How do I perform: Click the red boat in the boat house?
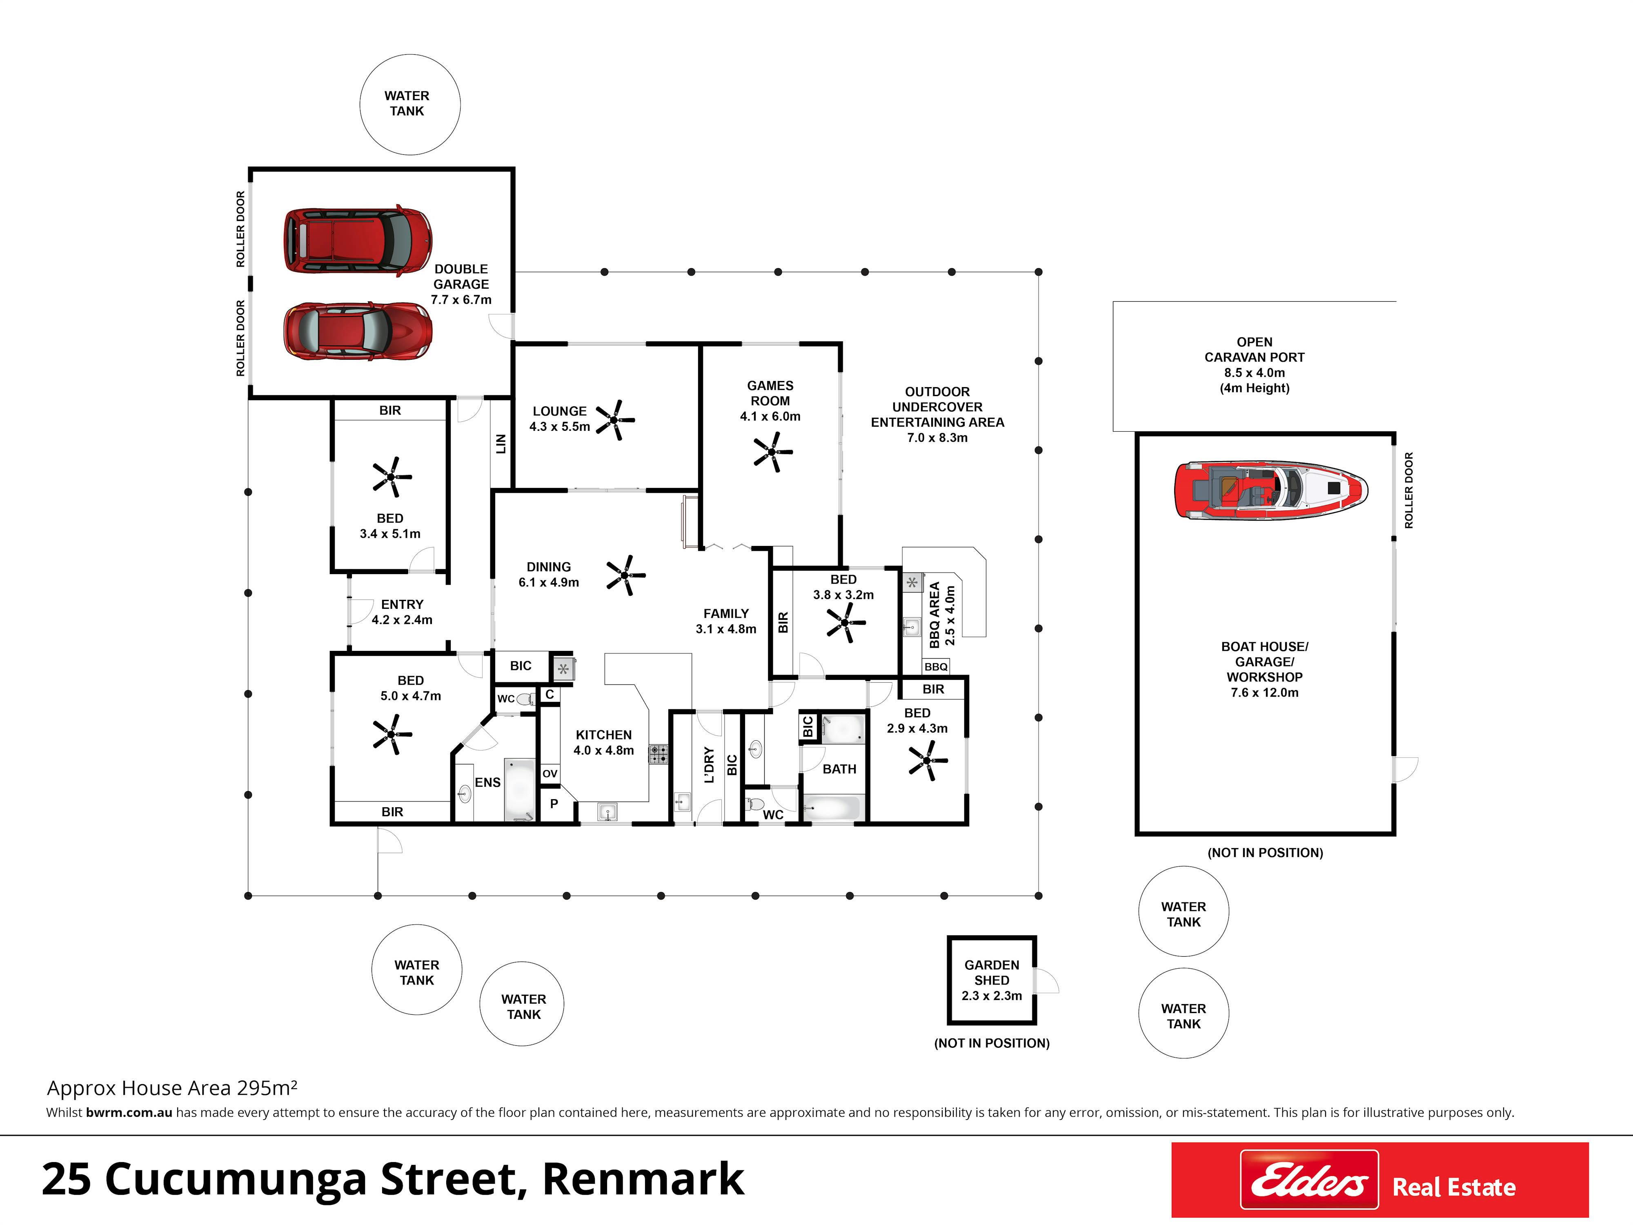click(x=1270, y=490)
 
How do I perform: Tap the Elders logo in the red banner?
click(x=1309, y=1180)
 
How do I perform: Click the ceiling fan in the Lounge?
click(x=615, y=420)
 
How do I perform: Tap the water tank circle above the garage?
click(x=410, y=104)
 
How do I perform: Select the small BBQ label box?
click(x=936, y=667)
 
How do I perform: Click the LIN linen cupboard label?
click(x=501, y=444)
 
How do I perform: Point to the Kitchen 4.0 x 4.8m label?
click(x=604, y=742)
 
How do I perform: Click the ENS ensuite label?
click(x=487, y=782)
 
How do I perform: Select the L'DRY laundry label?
click(x=709, y=765)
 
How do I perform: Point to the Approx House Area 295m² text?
click(x=172, y=1088)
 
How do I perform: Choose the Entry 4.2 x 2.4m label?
click(x=402, y=612)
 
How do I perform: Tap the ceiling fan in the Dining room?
click(x=626, y=575)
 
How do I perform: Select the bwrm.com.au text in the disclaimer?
click(x=129, y=1113)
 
